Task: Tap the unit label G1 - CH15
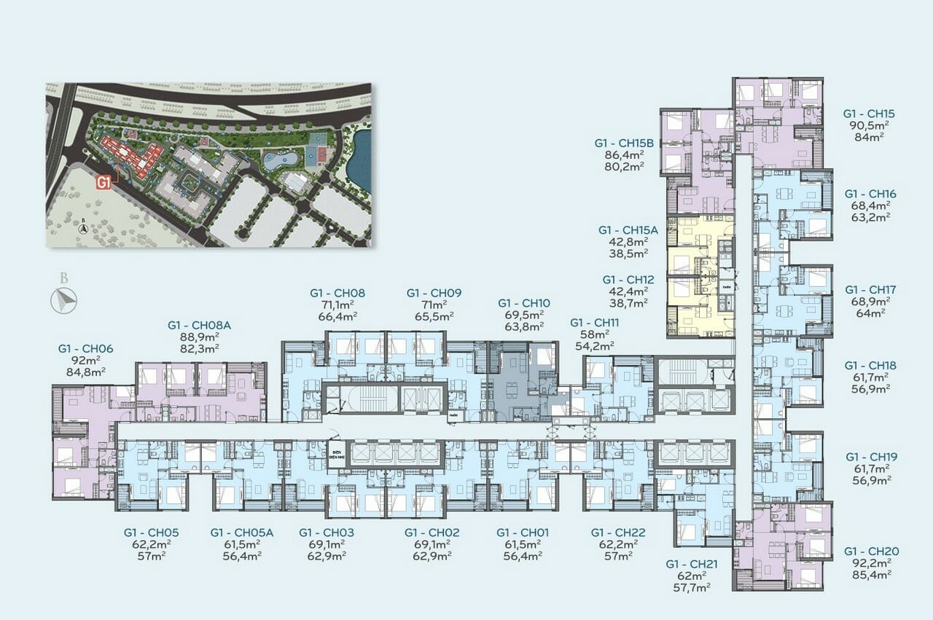(x=869, y=114)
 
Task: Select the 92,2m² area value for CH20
(x=869, y=563)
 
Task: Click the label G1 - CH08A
(x=199, y=325)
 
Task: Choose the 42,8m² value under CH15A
(x=628, y=242)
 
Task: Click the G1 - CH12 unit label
(x=628, y=280)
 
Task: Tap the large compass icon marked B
(x=64, y=298)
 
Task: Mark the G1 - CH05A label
(x=241, y=533)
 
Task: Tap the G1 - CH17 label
(x=870, y=289)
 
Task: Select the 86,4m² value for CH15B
(x=628, y=155)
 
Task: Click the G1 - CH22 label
(x=618, y=533)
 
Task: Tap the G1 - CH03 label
(x=326, y=533)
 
